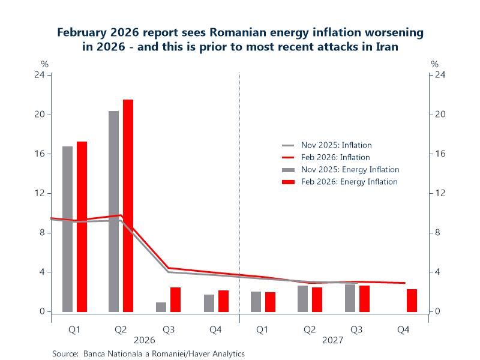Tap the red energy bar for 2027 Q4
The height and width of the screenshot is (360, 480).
412,301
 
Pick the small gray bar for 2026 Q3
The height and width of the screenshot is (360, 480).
161,307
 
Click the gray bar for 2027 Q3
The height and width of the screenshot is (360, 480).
350,298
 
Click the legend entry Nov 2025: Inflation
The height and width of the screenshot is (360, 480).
336,145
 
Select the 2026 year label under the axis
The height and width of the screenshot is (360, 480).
145,339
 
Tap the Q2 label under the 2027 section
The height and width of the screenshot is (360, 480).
309,329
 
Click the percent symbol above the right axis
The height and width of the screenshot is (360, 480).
435,64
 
